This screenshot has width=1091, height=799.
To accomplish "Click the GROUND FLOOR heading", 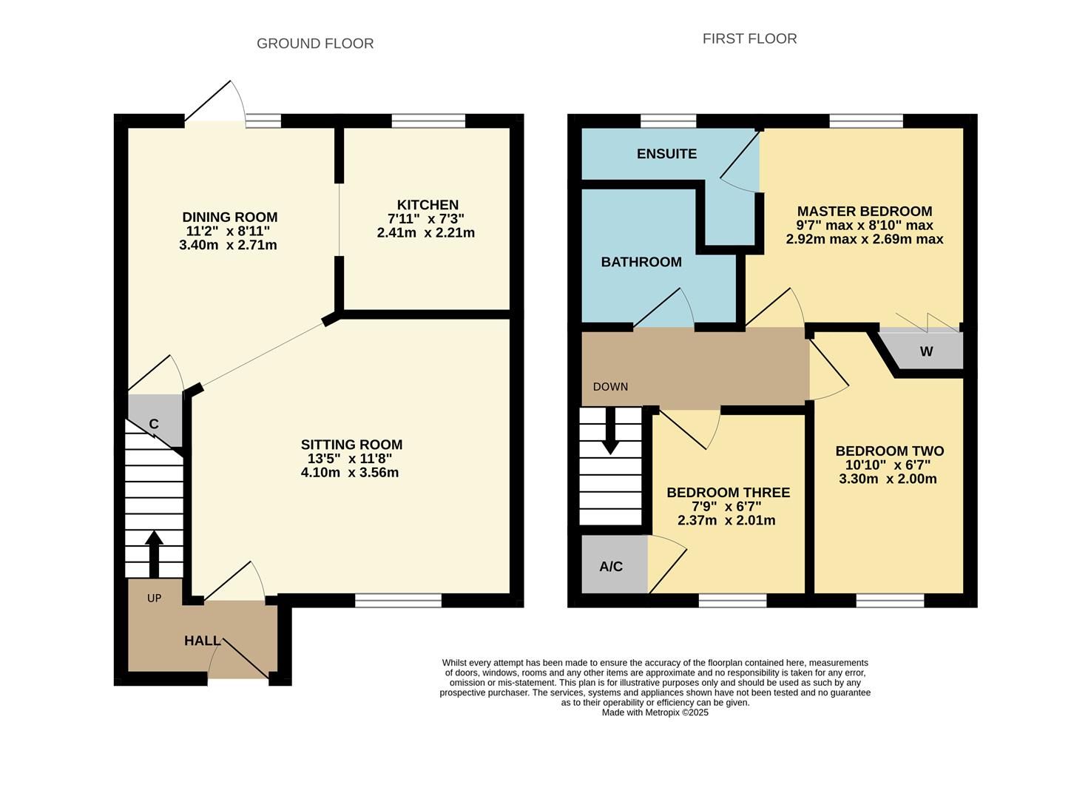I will click(x=315, y=44).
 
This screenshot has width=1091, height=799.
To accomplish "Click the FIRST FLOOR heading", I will click(x=749, y=38).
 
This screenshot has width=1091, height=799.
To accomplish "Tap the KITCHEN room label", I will click(x=428, y=205).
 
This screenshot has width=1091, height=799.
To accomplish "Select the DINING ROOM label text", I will click(x=230, y=217).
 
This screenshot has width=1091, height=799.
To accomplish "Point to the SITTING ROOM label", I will click(x=351, y=445).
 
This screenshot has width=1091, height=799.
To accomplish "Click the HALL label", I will click(x=202, y=641).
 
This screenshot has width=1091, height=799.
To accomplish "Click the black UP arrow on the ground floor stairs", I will click(x=154, y=553).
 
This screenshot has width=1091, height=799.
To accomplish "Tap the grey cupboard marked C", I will click(x=155, y=422).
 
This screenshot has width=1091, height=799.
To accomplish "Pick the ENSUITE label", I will click(x=666, y=154).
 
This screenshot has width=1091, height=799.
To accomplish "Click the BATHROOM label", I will click(x=641, y=262).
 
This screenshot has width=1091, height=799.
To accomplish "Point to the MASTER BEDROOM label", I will click(x=864, y=211).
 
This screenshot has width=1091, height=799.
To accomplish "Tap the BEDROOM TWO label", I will click(x=889, y=451).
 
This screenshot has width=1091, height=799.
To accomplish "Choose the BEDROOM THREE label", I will click(x=728, y=492).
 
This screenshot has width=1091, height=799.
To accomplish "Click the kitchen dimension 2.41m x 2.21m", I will click(x=425, y=233).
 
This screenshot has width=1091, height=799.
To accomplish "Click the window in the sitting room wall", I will click(x=398, y=600).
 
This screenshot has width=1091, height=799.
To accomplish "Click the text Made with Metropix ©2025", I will click(x=655, y=712).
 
